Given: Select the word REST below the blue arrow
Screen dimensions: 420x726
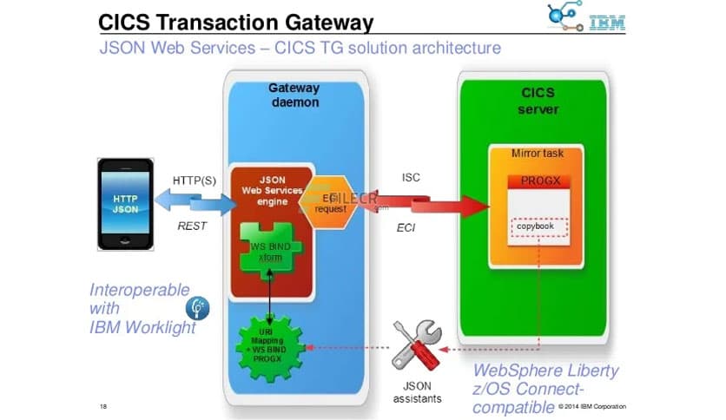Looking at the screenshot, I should pos(193,226).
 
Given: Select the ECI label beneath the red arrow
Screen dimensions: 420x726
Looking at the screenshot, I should pos(407,228).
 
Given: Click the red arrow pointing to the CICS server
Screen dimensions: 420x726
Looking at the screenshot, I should pos(443,206).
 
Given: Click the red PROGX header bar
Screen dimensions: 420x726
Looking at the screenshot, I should pos(538,182).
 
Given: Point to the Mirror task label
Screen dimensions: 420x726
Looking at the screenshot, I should pos(538,154).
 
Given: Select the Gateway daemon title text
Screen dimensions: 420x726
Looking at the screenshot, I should pos(294,95).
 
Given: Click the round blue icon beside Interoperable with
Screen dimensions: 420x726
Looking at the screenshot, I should pos(197,308).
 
